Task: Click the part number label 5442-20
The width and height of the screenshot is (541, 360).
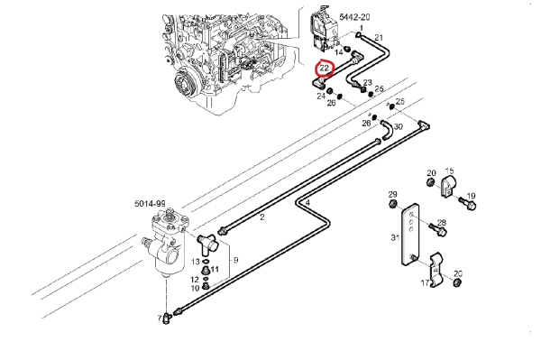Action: [354, 17]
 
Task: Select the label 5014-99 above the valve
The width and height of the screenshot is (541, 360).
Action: [150, 204]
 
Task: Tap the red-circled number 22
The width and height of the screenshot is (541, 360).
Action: [325, 69]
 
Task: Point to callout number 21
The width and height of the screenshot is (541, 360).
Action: [379, 38]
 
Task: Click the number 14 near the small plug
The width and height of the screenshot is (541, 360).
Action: [339, 52]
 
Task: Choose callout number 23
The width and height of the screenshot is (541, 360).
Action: [368, 82]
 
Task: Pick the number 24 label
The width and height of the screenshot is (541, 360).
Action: [321, 96]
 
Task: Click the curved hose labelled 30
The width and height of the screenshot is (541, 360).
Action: [386, 130]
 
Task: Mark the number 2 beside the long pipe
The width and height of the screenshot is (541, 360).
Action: [262, 217]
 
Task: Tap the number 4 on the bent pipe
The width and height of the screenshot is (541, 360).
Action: [307, 203]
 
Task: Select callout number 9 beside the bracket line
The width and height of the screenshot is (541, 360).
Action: [235, 260]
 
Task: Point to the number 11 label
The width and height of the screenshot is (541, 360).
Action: [215, 269]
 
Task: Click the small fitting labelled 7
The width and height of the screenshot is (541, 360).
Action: [168, 318]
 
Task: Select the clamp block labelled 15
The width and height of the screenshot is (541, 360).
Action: [448, 187]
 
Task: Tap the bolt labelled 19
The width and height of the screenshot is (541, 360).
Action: [467, 203]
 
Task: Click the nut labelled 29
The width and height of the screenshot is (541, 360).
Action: [392, 204]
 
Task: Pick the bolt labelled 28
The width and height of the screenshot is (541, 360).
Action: [437, 229]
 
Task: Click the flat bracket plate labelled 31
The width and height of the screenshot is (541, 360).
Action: [410, 235]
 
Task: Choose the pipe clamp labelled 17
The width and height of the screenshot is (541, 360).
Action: [436, 271]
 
